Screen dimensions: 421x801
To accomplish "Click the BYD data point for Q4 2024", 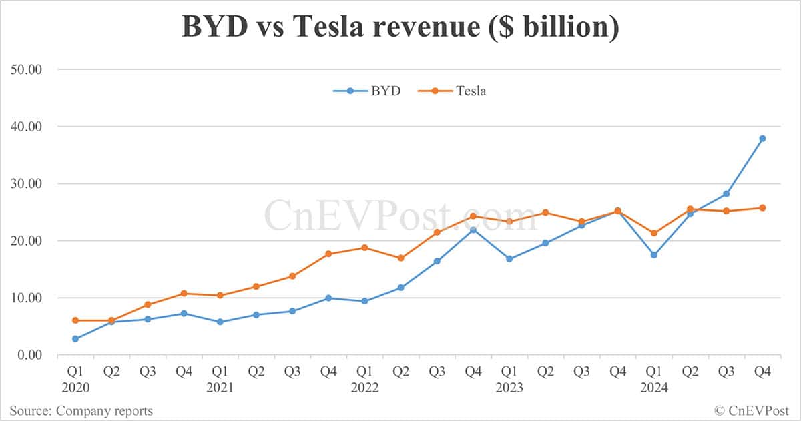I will (762, 139).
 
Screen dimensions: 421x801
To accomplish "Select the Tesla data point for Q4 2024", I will (762, 208).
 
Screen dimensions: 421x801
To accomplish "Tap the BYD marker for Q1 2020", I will (75, 339).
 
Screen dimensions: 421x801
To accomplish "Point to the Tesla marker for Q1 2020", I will (75, 320).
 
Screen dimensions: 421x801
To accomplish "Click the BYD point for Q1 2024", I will (654, 255).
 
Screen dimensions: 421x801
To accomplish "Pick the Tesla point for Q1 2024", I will (654, 233).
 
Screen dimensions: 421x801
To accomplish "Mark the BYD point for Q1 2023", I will (509, 259).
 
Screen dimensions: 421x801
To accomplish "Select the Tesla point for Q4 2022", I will (473, 216).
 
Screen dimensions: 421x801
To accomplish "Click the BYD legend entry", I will (368, 91).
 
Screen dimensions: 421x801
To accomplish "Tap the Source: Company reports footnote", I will (81, 410).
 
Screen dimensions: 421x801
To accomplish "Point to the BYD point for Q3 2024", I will (726, 194).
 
